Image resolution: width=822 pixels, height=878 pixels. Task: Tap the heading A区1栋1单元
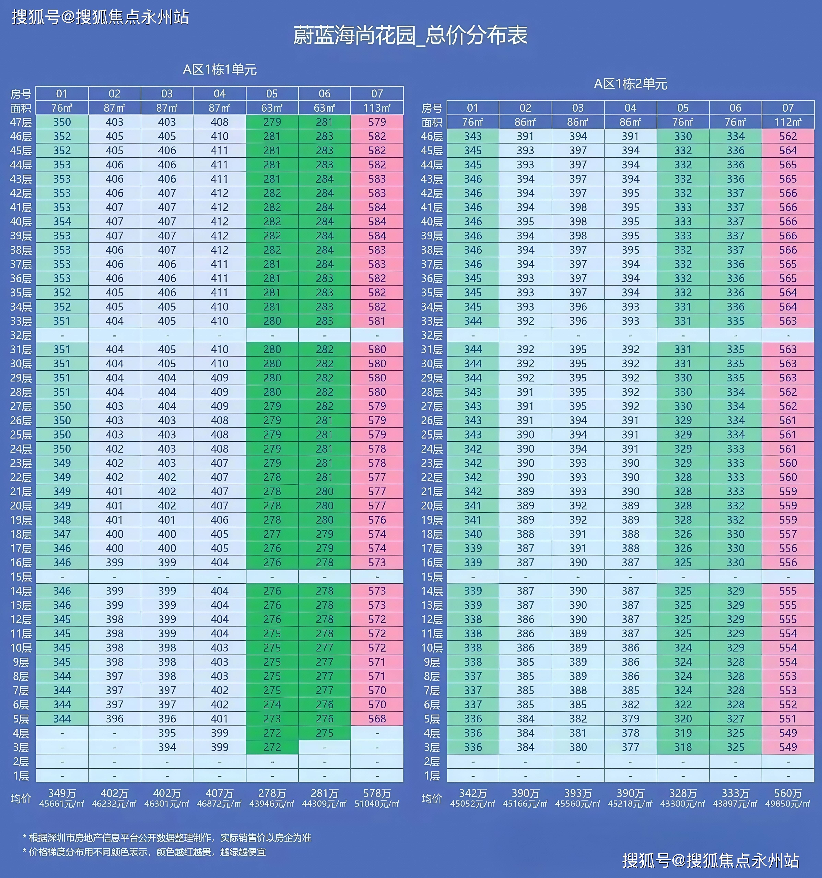220,69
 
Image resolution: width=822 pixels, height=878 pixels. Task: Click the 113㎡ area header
377,108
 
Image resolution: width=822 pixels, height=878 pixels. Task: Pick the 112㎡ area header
788,122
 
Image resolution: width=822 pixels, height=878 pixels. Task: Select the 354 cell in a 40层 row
62,221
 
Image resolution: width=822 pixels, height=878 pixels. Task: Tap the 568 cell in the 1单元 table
377,719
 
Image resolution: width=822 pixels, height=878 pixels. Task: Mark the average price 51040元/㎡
377,804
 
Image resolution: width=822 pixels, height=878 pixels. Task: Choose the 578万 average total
377,794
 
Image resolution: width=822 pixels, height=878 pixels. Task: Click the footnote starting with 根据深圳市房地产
170,838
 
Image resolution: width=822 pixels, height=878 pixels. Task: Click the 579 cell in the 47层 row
377,122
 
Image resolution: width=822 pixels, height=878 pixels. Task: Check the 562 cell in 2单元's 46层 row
788,136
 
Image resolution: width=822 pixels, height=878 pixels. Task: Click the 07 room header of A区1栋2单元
788,108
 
